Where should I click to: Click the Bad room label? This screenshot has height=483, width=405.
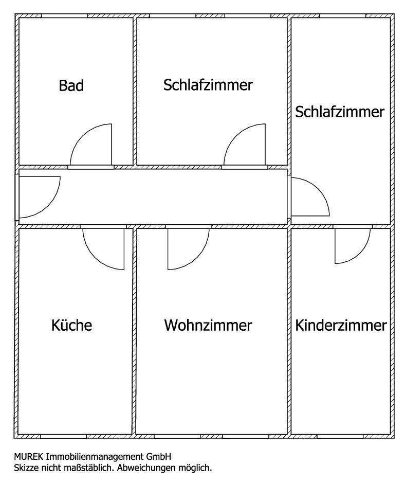pyautogui.click(x=71, y=85)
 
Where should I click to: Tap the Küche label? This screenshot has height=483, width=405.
pyautogui.click(x=72, y=325)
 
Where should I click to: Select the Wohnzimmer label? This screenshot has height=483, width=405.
pyautogui.click(x=208, y=325)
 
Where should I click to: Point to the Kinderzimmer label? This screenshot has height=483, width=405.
pyautogui.click(x=341, y=325)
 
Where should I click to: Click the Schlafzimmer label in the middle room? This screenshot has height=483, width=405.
pyautogui.click(x=208, y=85)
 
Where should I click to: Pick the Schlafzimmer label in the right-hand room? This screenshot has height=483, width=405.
pyautogui.click(x=340, y=112)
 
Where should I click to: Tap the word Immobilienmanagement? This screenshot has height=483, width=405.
pyautogui.click(x=93, y=456)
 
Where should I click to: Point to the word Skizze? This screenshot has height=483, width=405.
pyautogui.click(x=26, y=468)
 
